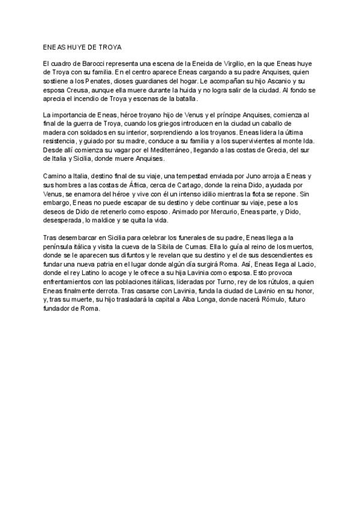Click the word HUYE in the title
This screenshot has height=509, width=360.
pos(76,46)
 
